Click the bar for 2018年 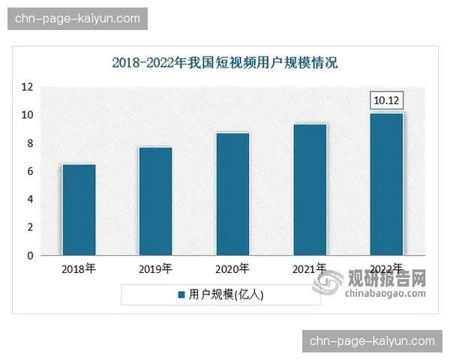tap(79, 210)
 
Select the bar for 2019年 tap(156, 201)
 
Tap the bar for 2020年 tap(232, 194)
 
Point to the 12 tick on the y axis tap(27, 87)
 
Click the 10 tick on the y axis tap(27, 115)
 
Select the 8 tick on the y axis tap(30, 143)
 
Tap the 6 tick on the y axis tap(30, 171)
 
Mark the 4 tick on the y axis tap(30, 199)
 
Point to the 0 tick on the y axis tap(30, 256)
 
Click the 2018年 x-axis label tap(79, 268)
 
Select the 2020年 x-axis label tap(232, 268)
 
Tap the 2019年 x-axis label tap(156, 268)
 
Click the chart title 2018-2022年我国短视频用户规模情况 tap(225, 63)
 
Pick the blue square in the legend tap(181, 295)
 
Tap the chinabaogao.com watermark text tap(385, 292)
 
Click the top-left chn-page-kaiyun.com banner tap(78, 18)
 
